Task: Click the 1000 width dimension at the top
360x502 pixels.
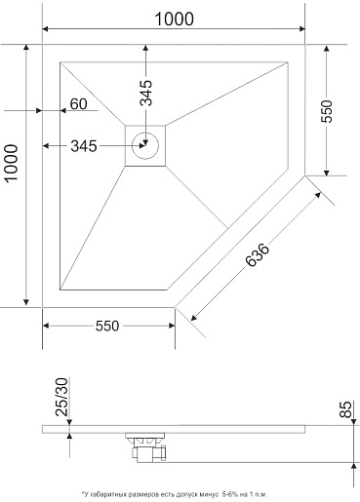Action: [x=174, y=19]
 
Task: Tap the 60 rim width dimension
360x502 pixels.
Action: [x=79, y=104]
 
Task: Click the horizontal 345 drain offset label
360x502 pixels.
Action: [x=84, y=146]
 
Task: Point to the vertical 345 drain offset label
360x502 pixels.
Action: [x=146, y=93]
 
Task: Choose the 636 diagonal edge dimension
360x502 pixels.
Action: [x=258, y=254]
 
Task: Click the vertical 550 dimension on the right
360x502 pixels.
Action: [x=327, y=111]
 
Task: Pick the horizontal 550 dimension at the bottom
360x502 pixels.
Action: [x=107, y=326]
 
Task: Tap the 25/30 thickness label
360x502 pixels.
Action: [x=61, y=397]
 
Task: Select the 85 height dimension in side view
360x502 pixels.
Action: [x=345, y=409]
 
